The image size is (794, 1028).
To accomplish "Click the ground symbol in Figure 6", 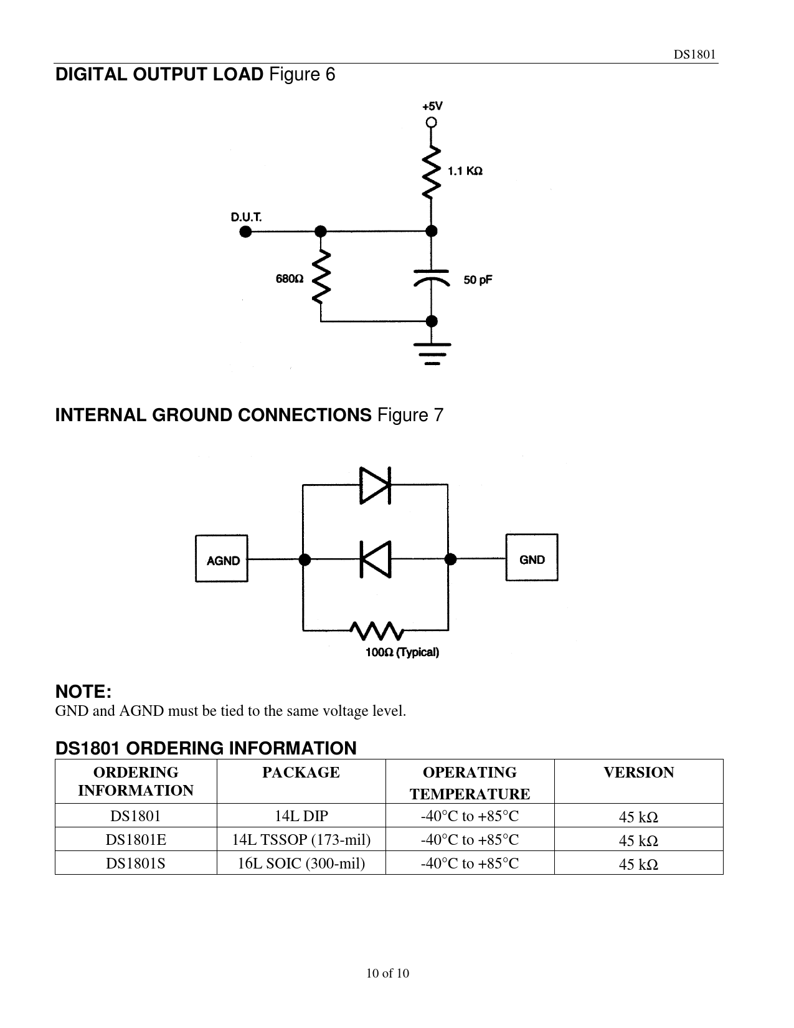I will coord(431,353).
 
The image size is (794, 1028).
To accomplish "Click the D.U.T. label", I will coord(247,217).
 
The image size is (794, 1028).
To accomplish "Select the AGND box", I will coord(222,559).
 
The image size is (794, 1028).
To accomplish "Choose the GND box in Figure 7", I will coord(532,558).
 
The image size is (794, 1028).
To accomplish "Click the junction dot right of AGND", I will coord(304,559).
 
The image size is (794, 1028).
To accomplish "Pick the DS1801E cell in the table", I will coord(136,840).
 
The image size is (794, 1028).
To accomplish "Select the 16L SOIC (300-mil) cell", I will coord(301,864).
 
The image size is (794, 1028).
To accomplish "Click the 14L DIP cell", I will coord(301,816).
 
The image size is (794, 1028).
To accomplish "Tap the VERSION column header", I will coord(638,773).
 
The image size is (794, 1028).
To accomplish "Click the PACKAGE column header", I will coord(301,773).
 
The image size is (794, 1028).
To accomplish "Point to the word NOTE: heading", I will coord(83,692).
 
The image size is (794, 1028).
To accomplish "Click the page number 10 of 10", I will coord(388,973).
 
